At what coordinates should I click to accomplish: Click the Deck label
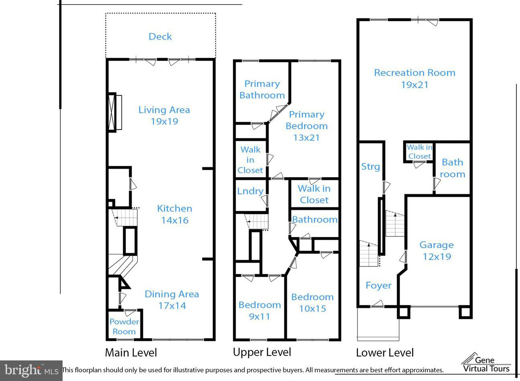(x=160, y=37)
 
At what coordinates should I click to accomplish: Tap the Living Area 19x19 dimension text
(x=165, y=121)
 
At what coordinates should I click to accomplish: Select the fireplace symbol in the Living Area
(x=115, y=113)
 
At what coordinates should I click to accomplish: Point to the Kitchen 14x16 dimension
(x=175, y=220)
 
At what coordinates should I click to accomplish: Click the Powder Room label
(x=124, y=327)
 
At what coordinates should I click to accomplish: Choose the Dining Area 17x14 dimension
(x=172, y=306)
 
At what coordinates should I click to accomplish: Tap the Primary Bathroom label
(x=262, y=90)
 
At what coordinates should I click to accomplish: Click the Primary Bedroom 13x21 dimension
(x=306, y=137)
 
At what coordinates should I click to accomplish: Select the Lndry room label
(x=250, y=191)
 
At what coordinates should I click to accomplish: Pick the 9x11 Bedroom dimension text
(x=259, y=316)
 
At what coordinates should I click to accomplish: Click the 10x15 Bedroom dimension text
(x=313, y=308)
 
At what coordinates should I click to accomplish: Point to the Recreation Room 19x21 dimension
(x=415, y=85)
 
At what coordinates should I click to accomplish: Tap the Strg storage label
(x=370, y=167)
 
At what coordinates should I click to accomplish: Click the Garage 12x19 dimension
(x=437, y=257)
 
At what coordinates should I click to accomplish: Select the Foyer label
(x=378, y=286)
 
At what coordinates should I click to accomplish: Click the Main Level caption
(x=131, y=353)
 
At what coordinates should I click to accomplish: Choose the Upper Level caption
(x=262, y=352)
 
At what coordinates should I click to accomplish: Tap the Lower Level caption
(x=385, y=353)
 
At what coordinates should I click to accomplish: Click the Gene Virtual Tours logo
(x=486, y=363)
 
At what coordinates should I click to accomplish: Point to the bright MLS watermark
(x=31, y=371)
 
